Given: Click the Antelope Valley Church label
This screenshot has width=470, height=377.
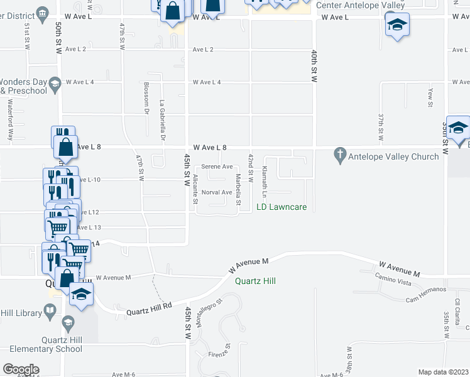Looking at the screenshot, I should click(390, 156).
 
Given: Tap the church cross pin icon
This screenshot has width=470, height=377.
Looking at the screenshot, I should click(340, 155).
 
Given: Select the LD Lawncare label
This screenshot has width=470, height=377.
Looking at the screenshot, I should click(281, 207).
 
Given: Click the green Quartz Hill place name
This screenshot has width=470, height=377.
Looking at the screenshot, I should click(256, 281).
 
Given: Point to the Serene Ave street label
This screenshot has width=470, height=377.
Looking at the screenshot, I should click(217, 167).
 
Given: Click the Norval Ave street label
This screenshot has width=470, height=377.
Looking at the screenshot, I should click(217, 192).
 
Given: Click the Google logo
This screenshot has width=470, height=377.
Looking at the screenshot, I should click(21, 369).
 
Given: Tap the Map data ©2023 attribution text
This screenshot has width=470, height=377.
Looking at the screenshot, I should click(443, 372).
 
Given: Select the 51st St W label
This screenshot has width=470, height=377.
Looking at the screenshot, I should click(28, 37).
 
